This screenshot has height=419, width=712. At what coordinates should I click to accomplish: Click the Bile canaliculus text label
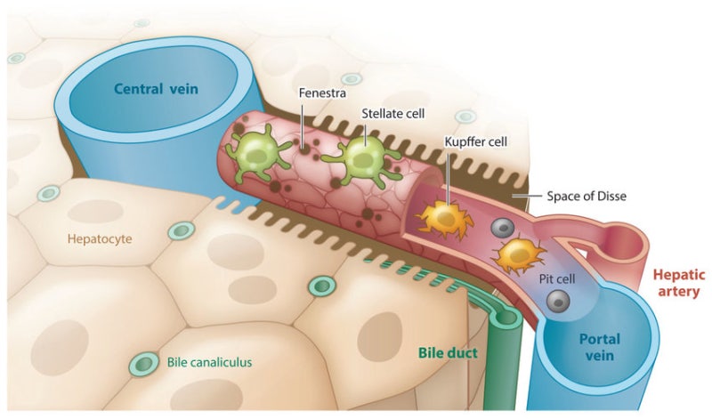(x=211, y=362)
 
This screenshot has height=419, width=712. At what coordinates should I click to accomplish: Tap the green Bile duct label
(x=448, y=353)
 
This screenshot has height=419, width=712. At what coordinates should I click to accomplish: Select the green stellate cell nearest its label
(x=362, y=158)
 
